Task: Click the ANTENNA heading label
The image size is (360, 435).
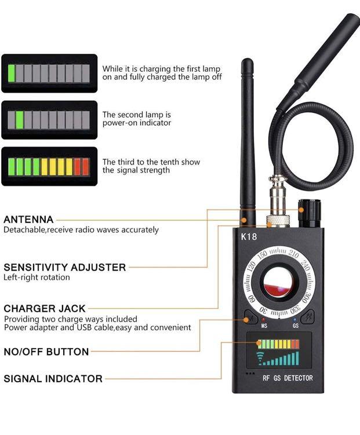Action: [28, 220]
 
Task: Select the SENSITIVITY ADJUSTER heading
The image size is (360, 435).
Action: [64, 267]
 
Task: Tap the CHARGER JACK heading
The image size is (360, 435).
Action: [45, 309]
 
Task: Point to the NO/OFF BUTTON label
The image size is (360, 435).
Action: [46, 352]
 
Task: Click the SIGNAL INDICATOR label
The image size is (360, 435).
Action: [53, 379]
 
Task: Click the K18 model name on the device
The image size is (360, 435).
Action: [249, 236]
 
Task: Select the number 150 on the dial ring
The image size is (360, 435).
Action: [262, 254]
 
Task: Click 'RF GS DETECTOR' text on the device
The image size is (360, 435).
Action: [288, 378]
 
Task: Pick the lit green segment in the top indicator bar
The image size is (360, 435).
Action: [12, 73]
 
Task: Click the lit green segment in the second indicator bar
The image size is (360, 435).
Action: [20, 120]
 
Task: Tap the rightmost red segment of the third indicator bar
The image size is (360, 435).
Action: [85, 167]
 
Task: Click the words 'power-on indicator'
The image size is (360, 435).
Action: [137, 123]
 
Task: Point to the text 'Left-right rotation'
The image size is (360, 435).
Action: [37, 277]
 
